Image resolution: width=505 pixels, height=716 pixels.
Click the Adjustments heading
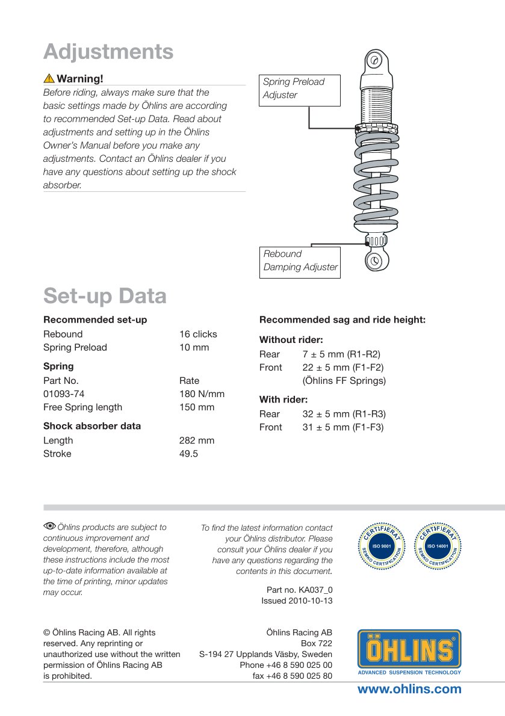108,52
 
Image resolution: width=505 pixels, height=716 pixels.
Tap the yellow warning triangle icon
49,79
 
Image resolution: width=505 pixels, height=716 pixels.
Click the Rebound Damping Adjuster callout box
300,261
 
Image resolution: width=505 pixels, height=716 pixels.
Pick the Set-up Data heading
105,296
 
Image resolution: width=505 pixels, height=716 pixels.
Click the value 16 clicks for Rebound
198,334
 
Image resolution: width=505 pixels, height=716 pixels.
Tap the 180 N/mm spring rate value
202,394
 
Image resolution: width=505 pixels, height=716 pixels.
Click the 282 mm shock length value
196,440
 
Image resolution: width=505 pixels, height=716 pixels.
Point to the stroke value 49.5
188,454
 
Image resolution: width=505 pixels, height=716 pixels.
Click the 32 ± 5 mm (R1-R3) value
344,414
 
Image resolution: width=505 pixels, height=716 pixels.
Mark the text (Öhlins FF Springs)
344,380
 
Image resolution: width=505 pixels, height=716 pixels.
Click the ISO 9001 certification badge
383,547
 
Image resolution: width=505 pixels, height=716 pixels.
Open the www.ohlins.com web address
409,690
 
